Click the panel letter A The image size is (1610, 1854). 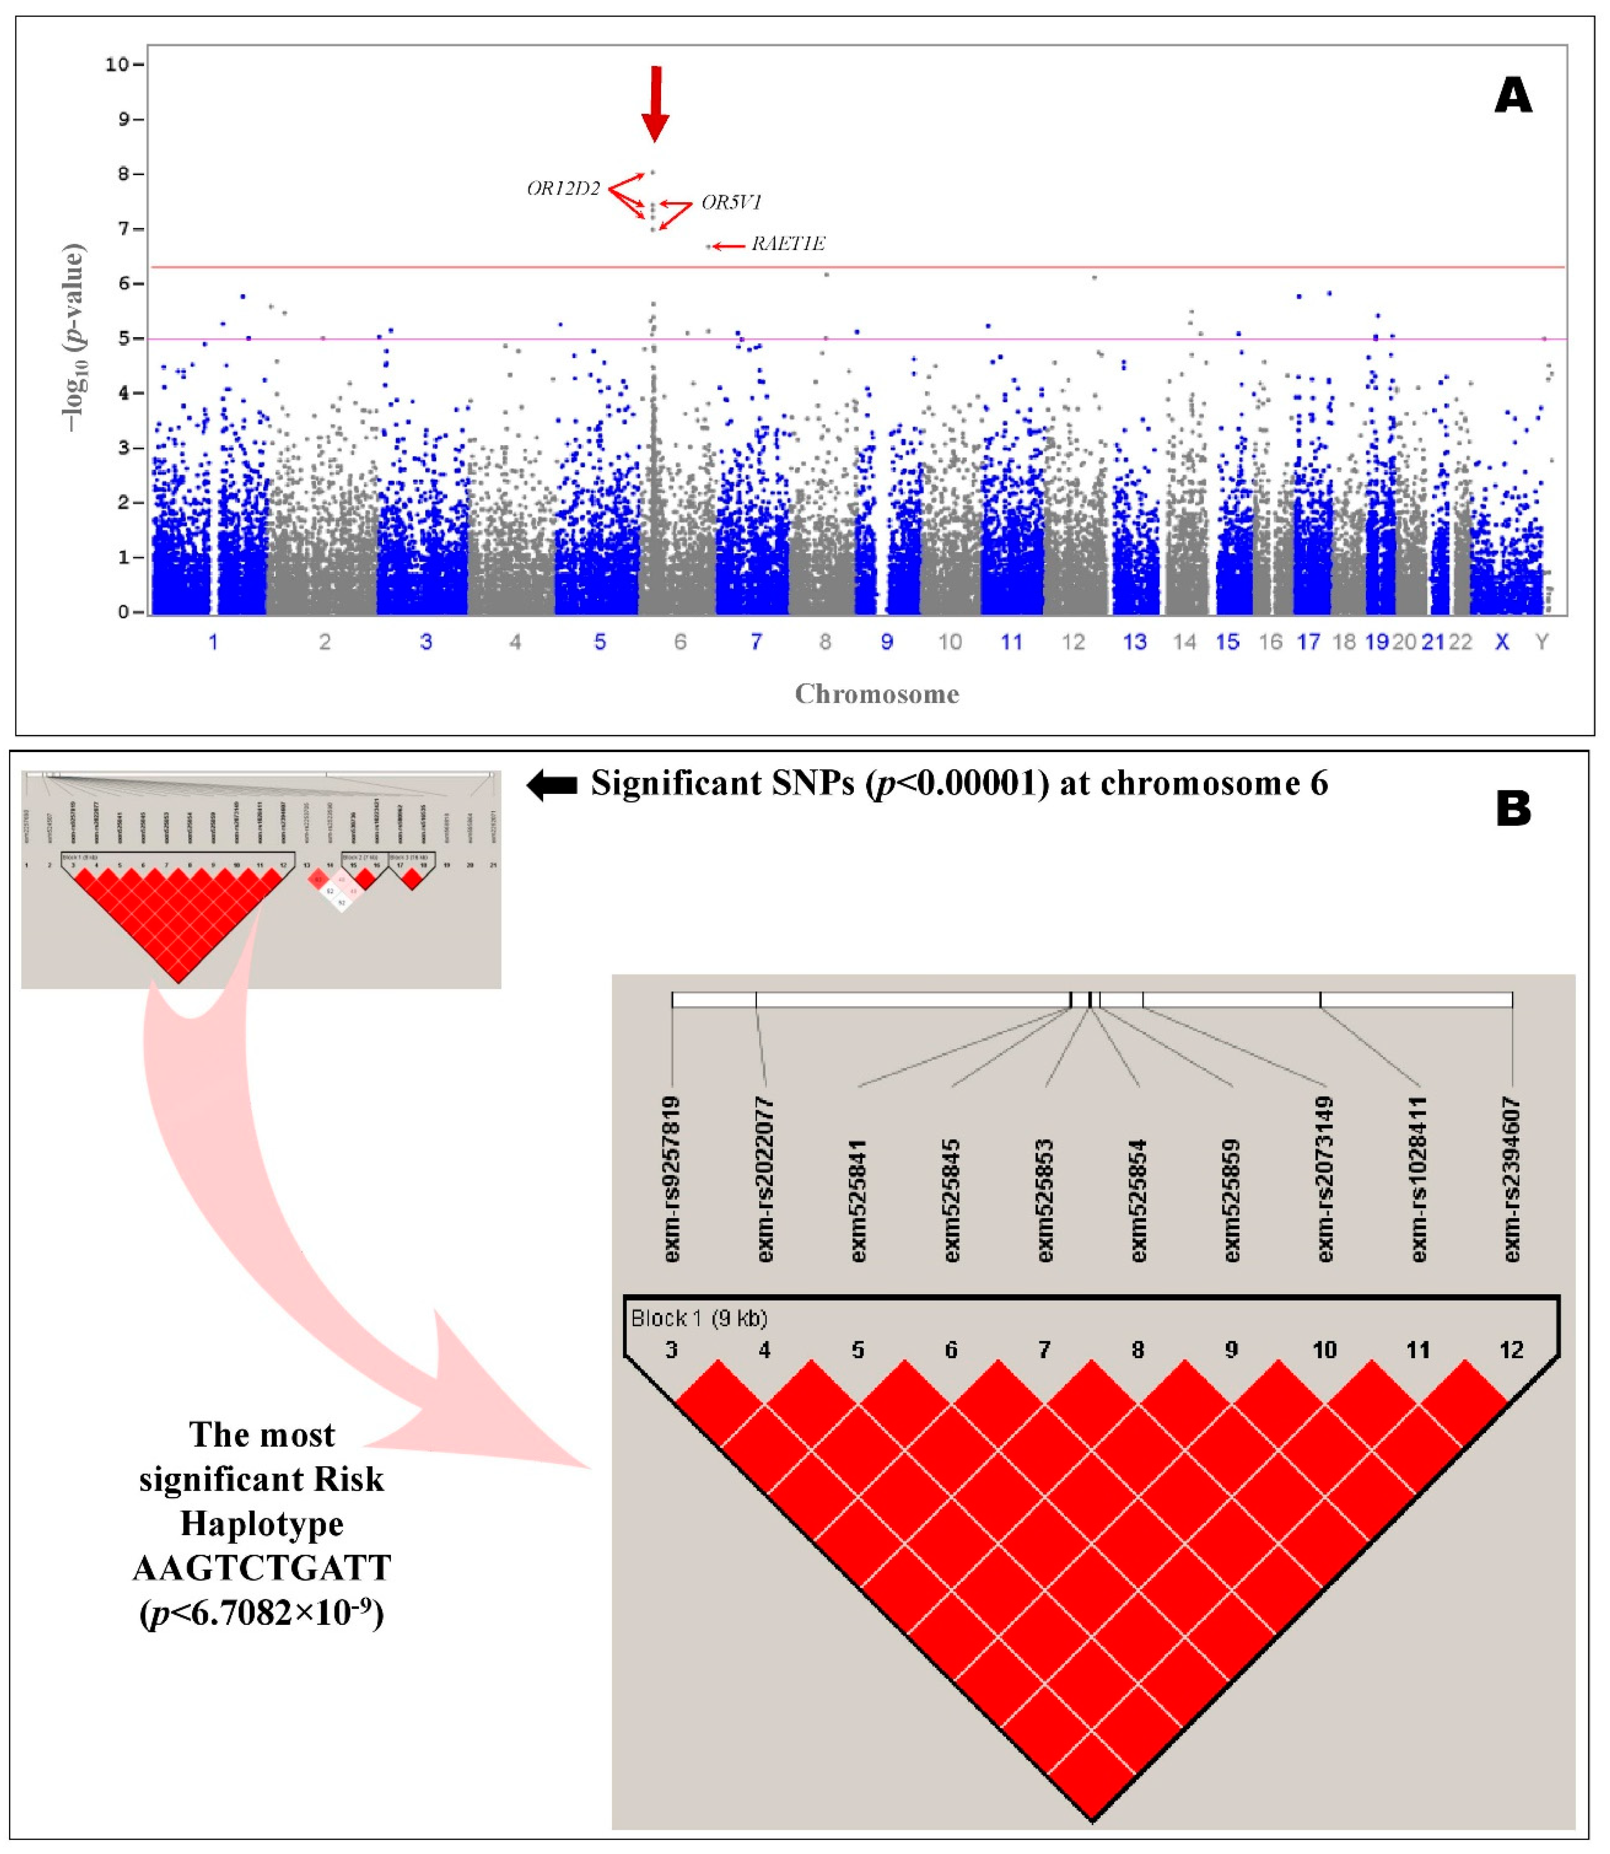(x=1513, y=95)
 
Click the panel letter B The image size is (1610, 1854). (x=1513, y=810)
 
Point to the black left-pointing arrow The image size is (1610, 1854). (x=552, y=785)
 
